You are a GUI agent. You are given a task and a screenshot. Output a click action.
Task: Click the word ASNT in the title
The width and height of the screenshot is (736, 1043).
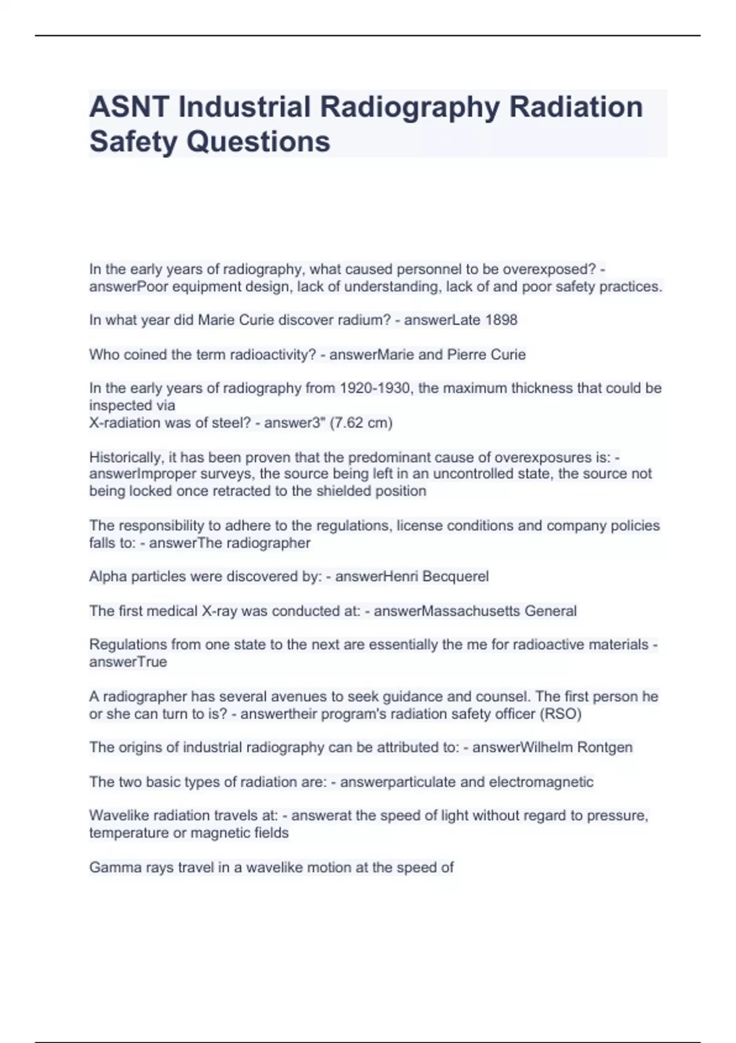coord(129,107)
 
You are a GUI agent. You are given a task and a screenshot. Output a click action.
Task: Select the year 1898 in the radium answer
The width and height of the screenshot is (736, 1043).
coord(501,320)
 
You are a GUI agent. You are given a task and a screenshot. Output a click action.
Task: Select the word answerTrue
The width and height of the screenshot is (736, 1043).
coord(128,662)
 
